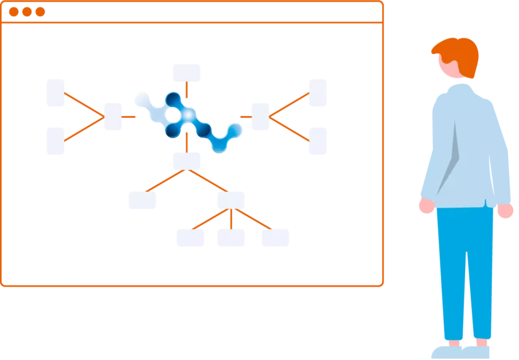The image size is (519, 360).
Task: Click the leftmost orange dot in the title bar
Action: pos(14,12)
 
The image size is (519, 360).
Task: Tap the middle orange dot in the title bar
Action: pos(27,12)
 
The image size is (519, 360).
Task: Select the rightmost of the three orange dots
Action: pos(40,12)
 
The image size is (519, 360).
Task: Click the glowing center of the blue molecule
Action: pos(187,115)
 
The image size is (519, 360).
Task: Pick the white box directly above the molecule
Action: pos(187,72)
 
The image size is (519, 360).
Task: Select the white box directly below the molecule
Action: pos(187,160)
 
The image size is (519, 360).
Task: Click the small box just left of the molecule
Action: pos(114,117)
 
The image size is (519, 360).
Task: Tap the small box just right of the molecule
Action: pos(259,117)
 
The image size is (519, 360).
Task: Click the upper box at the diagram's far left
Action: pos(54,91)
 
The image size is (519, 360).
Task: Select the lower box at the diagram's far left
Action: pos(54,141)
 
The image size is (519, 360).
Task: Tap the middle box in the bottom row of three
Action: pos(230,239)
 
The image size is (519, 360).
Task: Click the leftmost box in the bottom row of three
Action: pos(192,239)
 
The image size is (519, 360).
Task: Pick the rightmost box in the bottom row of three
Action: pos(275,239)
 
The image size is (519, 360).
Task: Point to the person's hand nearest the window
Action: pos(426,206)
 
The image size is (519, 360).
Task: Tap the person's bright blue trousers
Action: pos(464,272)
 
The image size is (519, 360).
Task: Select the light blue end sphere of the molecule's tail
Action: pos(233,132)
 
